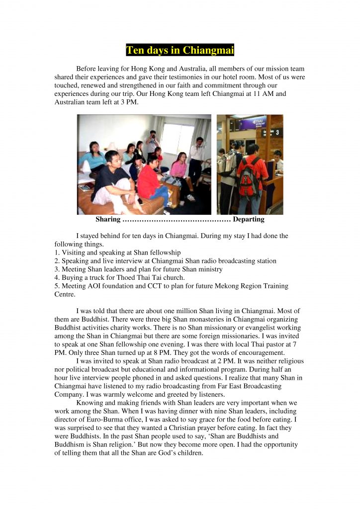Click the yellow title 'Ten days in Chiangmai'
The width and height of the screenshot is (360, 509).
180,51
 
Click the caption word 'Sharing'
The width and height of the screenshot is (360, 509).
107,219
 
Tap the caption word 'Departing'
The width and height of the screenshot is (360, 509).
249,219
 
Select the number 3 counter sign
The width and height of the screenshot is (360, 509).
277,132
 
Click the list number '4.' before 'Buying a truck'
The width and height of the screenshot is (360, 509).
57,278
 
